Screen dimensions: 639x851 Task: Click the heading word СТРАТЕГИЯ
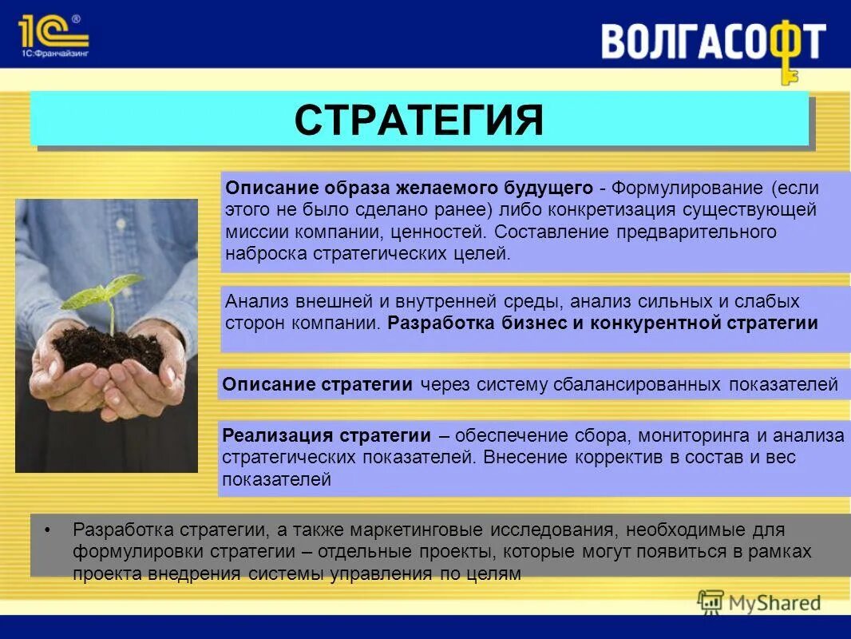click(419, 120)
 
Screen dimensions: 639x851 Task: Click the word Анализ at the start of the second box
click(254, 302)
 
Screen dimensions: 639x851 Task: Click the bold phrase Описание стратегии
click(318, 385)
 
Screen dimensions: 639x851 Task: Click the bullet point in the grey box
click(49, 530)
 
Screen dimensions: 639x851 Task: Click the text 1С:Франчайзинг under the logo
click(53, 54)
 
